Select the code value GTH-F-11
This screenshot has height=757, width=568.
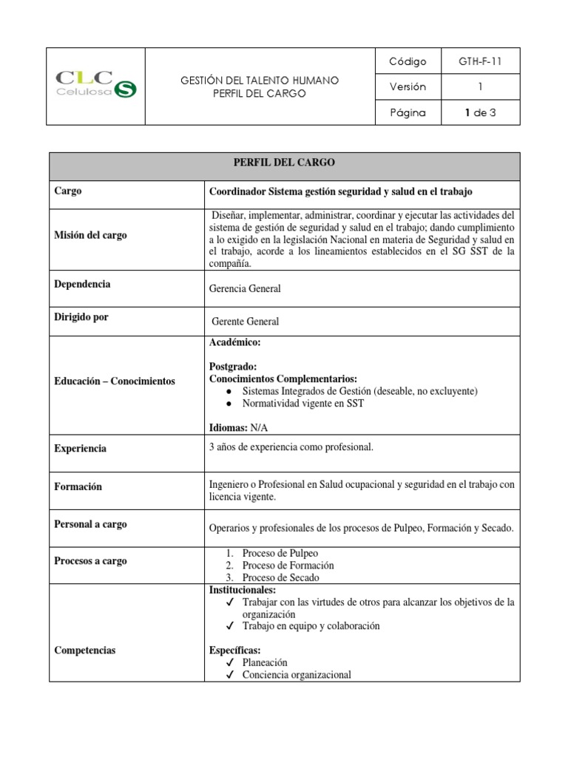(479, 61)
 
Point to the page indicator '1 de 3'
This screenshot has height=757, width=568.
(479, 113)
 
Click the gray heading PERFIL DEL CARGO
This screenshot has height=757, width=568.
(285, 163)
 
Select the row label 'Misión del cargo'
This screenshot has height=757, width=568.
(89, 235)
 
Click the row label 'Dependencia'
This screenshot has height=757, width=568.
(82, 284)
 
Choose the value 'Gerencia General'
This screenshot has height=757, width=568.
(246, 289)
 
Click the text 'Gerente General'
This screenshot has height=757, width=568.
(246, 322)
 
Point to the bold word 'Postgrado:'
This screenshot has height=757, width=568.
(234, 367)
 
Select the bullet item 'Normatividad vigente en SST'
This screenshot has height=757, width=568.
(302, 404)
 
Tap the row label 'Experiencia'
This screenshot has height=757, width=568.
(81, 448)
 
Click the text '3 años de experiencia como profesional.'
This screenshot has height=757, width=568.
(292, 447)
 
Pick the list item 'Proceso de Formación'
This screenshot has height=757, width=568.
(282, 566)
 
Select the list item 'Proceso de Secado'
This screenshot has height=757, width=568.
(274, 577)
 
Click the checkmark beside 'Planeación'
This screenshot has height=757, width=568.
(231, 662)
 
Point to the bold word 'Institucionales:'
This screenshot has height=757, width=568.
(243, 590)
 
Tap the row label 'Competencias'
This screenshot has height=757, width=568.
(85, 651)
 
